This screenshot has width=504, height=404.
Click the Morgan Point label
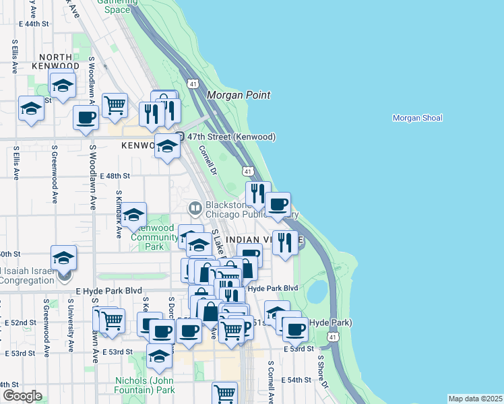239,96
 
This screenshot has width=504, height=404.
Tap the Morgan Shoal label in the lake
417,118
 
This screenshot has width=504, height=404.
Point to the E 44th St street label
34,24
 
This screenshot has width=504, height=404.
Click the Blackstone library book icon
195,208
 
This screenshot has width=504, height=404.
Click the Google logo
22,396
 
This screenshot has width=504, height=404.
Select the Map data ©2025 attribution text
475,399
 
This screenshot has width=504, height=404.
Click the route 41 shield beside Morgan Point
193,83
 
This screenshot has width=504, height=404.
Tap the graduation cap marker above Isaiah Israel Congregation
63,257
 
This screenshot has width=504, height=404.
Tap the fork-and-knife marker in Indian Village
285,242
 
